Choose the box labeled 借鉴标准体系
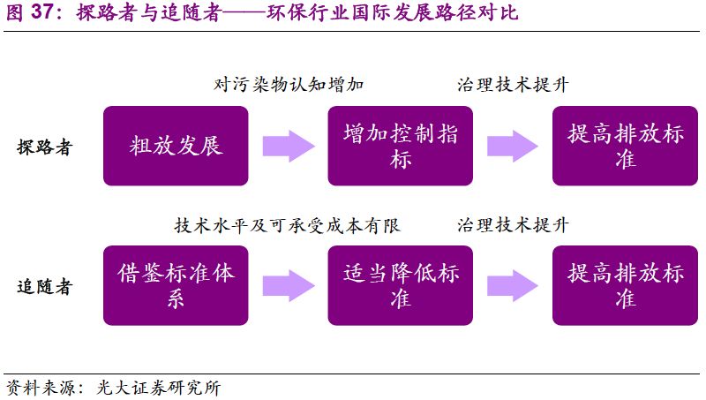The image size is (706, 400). [176, 284]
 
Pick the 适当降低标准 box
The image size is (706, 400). [400, 284]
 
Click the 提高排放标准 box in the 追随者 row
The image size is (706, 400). [625, 284]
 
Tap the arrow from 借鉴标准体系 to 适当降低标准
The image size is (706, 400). [289, 285]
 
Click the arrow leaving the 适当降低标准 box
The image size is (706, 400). [513, 285]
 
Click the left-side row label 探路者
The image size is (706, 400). [44, 147]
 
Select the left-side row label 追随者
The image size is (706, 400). [44, 287]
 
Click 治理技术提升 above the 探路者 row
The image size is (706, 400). [513, 85]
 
